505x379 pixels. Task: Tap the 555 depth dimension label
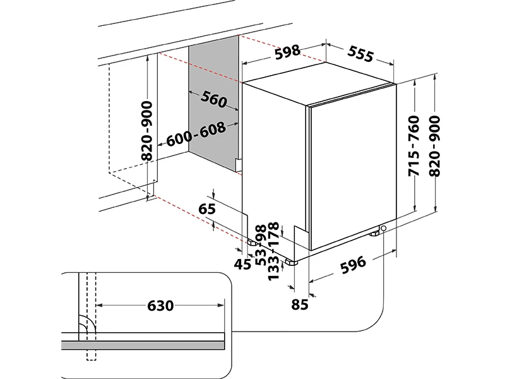tap(360, 55)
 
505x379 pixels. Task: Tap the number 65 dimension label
tap(207, 209)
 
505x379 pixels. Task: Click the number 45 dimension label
tap(243, 265)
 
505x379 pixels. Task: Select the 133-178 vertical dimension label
tap(273, 251)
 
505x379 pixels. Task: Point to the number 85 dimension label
tap(300, 304)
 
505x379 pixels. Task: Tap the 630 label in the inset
tap(160, 306)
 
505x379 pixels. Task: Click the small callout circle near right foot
tap(383, 228)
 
